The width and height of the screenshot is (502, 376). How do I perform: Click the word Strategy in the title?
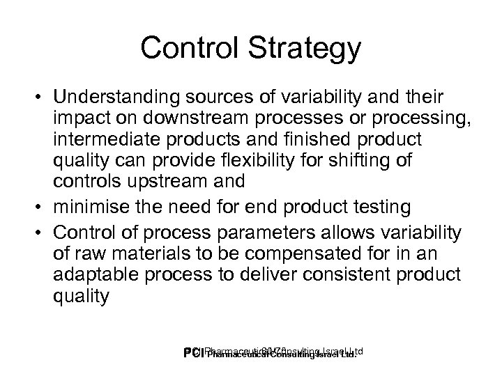point(303,49)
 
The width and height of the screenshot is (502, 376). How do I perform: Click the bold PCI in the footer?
point(191,354)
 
